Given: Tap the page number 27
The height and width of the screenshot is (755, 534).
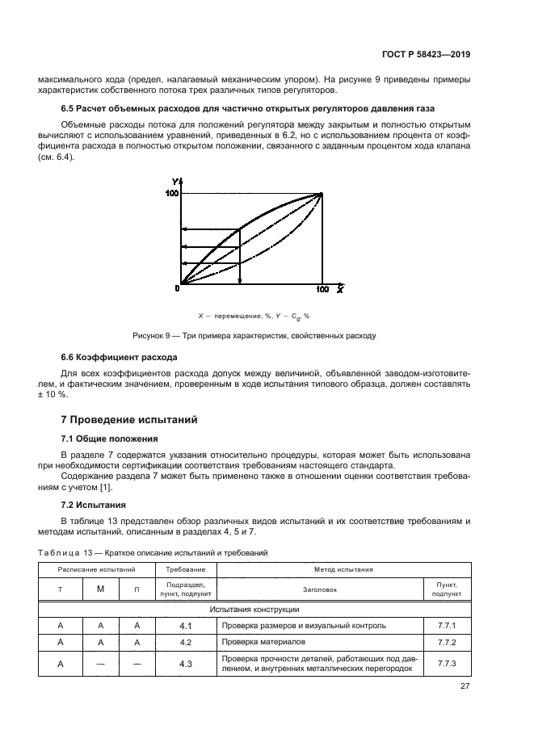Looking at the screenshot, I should tap(465, 686).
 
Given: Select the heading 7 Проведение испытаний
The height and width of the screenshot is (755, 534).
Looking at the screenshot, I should tap(128, 420).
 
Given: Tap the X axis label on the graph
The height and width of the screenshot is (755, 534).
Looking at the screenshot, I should tap(341, 288).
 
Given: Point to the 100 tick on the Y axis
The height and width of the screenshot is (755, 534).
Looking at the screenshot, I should tap(170, 194).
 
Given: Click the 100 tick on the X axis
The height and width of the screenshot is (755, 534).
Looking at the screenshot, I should tap(322, 288).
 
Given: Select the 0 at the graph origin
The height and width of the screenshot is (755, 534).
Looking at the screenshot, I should tap(176, 288).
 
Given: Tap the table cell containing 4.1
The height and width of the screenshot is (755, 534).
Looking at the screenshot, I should tap(185, 625).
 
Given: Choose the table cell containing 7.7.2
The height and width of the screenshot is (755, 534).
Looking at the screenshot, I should tap(447, 642).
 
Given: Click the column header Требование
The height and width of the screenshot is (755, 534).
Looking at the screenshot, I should tap(185, 569).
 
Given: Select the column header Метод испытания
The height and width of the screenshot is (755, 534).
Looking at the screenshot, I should tap(343, 569).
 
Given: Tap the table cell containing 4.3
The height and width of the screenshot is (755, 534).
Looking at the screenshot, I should tap(185, 664).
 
